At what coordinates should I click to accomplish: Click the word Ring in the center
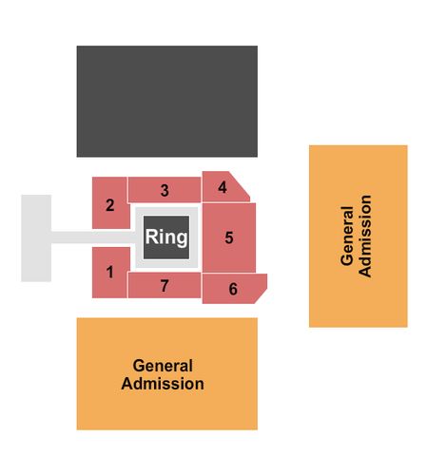[x=166, y=237]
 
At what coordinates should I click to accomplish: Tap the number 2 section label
[x=110, y=205]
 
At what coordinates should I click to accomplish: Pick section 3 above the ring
[x=165, y=190]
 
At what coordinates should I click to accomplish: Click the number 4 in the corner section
[x=223, y=187]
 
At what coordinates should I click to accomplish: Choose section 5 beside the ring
[x=229, y=237]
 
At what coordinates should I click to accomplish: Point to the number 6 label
[x=233, y=289]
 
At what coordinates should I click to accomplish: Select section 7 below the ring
[x=165, y=286]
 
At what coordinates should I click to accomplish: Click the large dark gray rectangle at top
[x=167, y=102]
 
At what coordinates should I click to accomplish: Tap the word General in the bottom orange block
[x=163, y=366]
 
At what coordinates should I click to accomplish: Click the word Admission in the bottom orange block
[x=163, y=384]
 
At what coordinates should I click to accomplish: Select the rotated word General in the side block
[x=347, y=236]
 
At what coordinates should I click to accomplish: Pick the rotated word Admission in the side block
[x=365, y=237]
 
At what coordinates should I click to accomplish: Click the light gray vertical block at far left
[x=36, y=238]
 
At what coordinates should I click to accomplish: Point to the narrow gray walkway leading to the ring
[x=93, y=237]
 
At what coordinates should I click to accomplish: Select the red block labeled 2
[x=110, y=202]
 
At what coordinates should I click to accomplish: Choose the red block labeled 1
[x=110, y=273]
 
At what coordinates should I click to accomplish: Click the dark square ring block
[x=166, y=237]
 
